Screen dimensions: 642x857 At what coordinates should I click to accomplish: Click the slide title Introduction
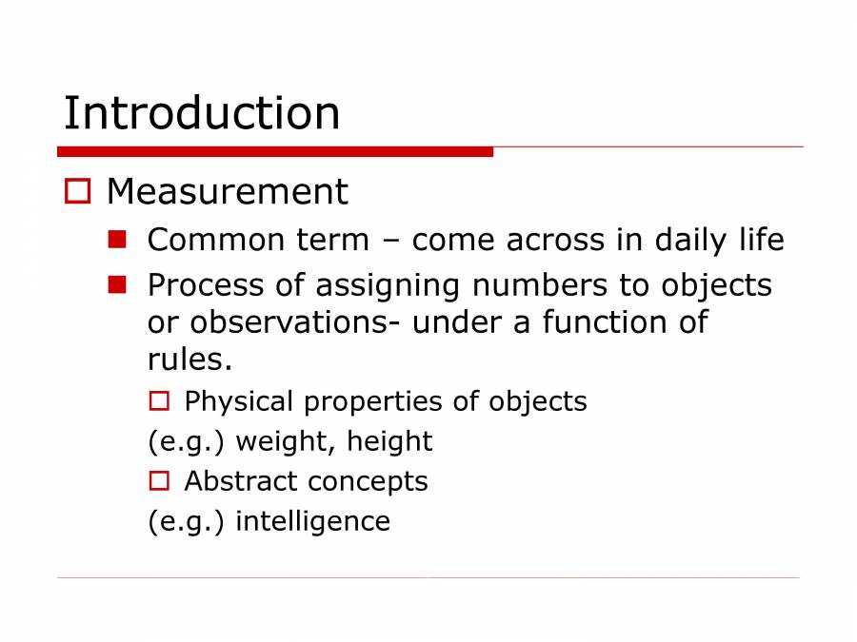click(x=202, y=113)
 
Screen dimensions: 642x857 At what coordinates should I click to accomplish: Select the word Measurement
click(x=227, y=192)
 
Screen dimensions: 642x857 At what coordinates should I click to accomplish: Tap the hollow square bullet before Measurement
click(x=77, y=192)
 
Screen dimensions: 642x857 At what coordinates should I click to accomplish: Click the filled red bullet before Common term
click(x=117, y=239)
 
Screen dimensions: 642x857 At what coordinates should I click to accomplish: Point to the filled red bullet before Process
click(x=117, y=283)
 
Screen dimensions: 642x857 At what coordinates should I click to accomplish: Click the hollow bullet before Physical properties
click(x=158, y=401)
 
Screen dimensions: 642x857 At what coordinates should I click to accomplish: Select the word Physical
click(x=239, y=402)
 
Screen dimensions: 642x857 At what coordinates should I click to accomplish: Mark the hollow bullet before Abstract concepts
click(x=158, y=481)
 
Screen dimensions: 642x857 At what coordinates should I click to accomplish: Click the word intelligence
click(x=312, y=521)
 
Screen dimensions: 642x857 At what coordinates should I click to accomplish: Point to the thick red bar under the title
click(x=275, y=151)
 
